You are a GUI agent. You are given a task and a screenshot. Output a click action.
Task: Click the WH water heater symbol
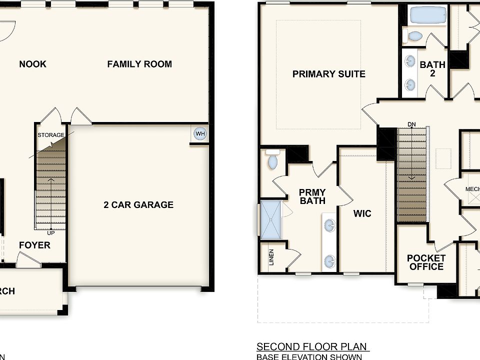(x=200, y=133)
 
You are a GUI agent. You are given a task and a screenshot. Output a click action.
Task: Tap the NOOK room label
(x=32, y=64)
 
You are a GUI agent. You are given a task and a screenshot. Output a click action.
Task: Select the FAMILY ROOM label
(x=139, y=64)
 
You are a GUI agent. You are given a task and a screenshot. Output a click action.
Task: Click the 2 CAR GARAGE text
(x=138, y=204)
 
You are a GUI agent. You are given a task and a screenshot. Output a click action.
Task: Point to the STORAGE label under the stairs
(x=51, y=135)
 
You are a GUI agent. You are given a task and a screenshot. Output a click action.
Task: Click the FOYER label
(x=34, y=245)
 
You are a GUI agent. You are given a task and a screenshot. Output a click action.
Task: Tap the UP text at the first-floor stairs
(x=51, y=232)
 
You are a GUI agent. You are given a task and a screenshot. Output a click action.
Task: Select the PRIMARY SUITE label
(x=328, y=74)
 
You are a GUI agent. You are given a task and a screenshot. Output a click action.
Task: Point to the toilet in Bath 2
(x=413, y=36)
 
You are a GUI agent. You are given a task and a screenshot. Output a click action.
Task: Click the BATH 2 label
(x=432, y=69)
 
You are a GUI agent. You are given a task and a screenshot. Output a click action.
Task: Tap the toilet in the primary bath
(x=272, y=160)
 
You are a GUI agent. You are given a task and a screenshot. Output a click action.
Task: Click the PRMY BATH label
(x=312, y=196)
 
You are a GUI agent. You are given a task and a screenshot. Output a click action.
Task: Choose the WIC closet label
(x=362, y=213)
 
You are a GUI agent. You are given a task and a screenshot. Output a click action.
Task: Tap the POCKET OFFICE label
(x=426, y=262)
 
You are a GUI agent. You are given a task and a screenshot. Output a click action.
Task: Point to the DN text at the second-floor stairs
(x=411, y=124)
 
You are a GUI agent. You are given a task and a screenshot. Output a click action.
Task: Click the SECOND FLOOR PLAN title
(x=312, y=346)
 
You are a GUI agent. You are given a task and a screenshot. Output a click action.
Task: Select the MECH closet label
(x=472, y=189)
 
